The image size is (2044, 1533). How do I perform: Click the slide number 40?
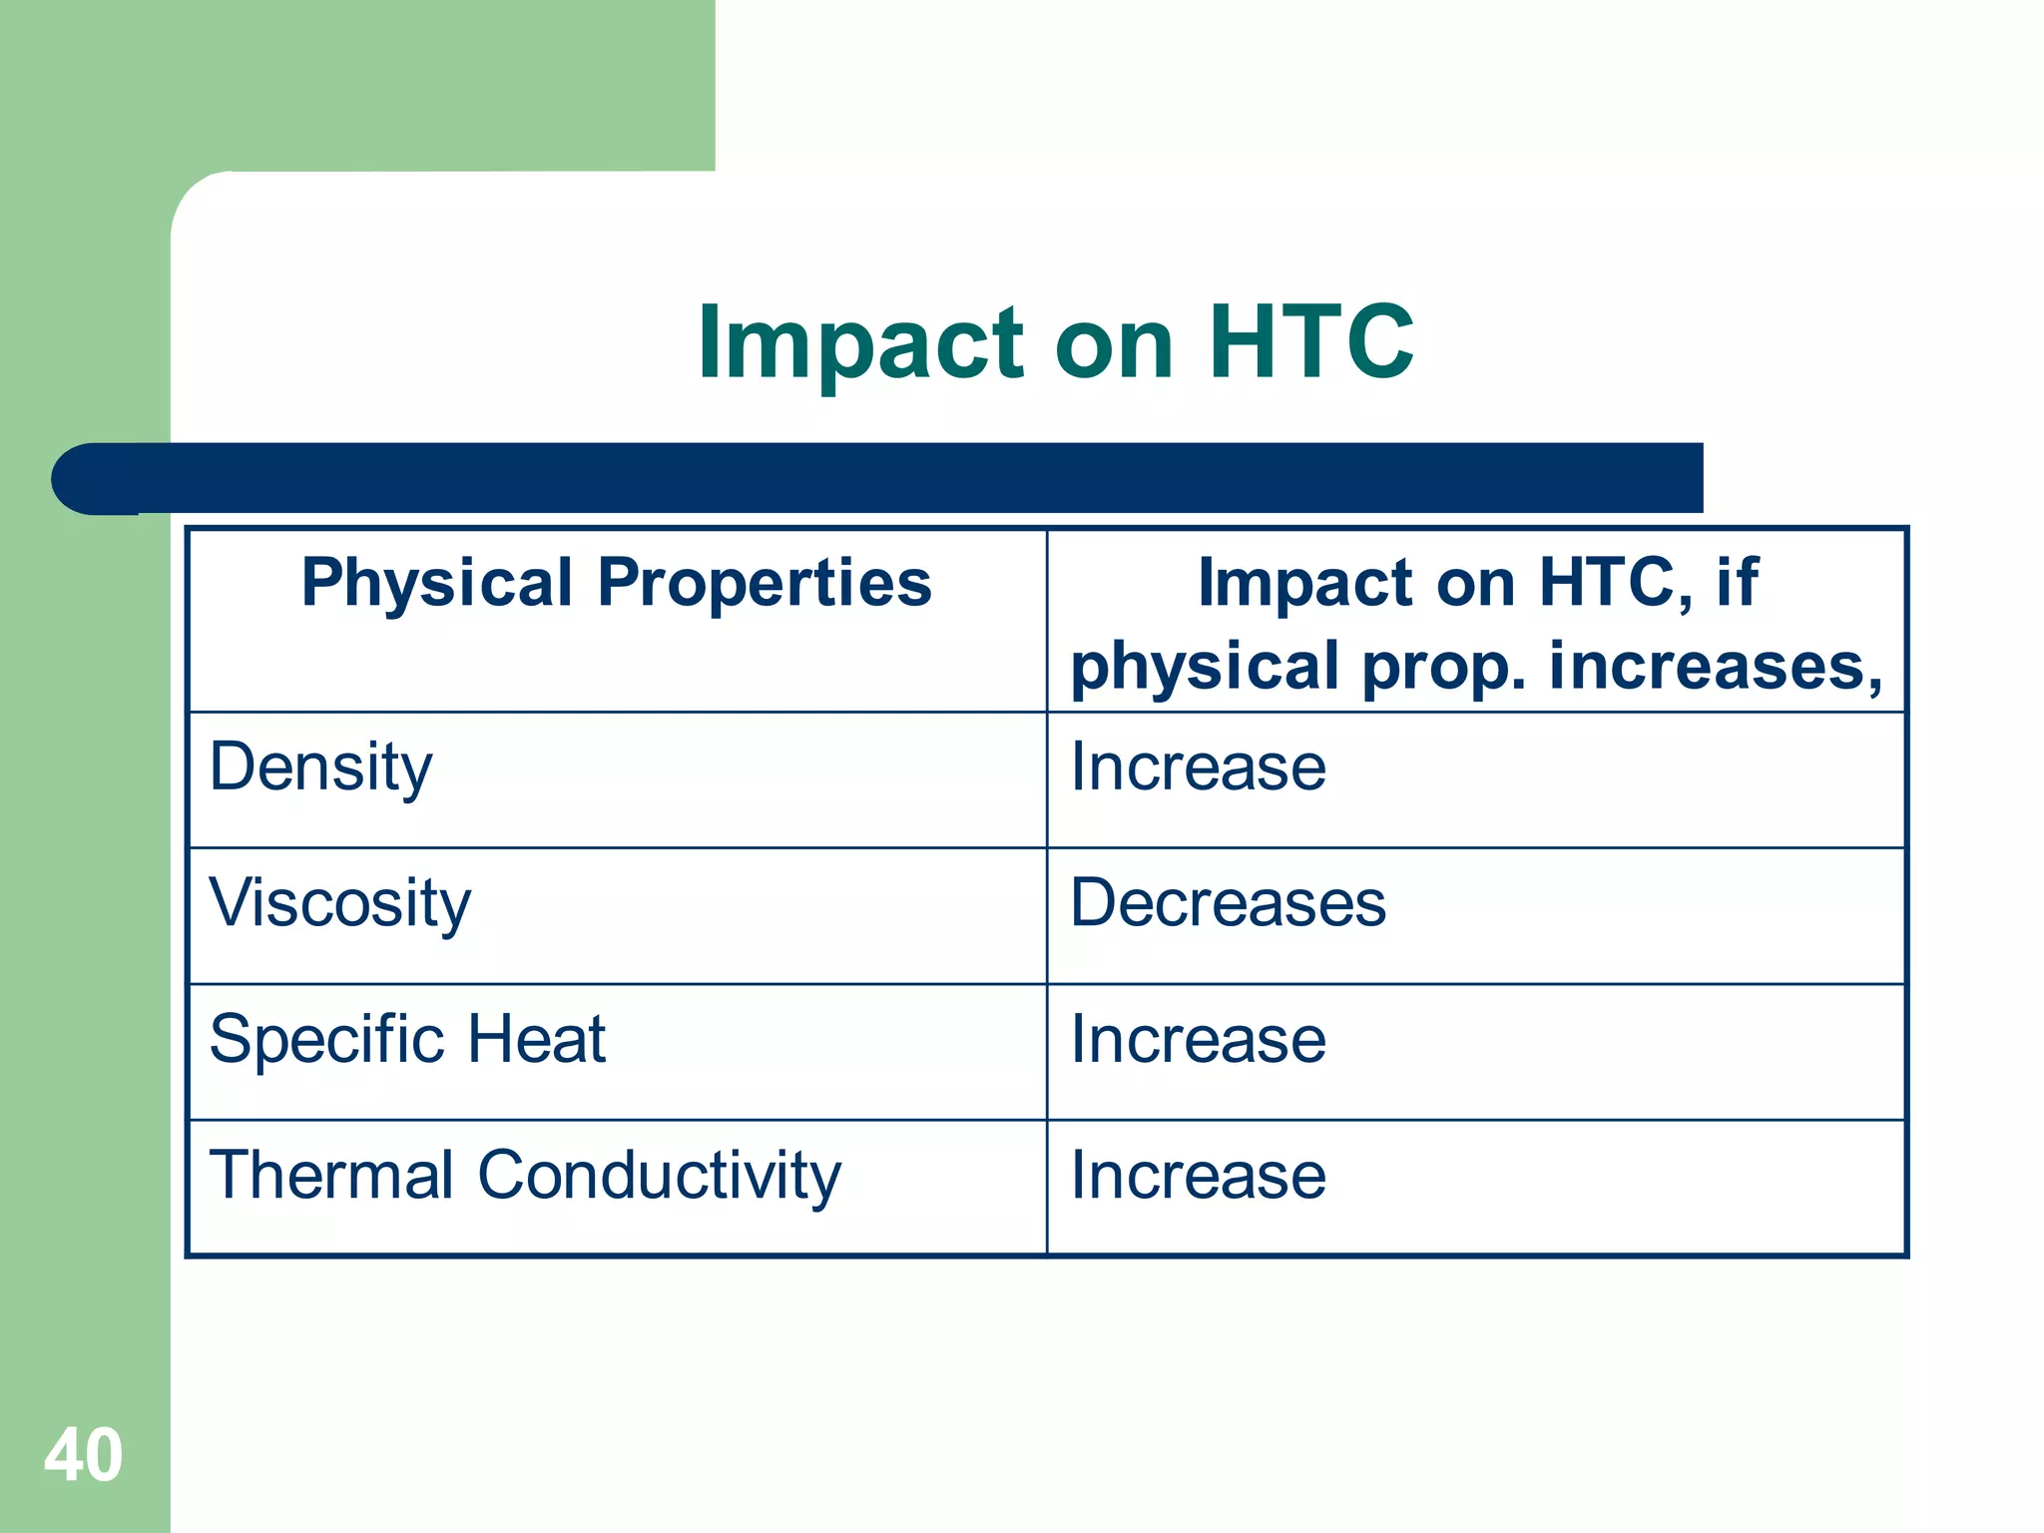click(x=83, y=1455)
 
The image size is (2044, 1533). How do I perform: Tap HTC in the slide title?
click(x=1310, y=342)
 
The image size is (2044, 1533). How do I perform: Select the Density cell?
click(x=320, y=768)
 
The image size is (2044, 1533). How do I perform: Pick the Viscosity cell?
click(x=339, y=903)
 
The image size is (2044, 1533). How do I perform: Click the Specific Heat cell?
click(x=407, y=1039)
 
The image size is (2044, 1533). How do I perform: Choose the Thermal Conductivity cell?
click(x=525, y=1176)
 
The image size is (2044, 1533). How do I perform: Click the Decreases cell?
click(x=1228, y=903)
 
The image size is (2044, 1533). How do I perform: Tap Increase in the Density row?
click(x=1198, y=767)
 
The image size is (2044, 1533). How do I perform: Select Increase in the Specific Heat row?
click(x=1198, y=1040)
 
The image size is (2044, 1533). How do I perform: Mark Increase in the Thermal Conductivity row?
click(x=1198, y=1176)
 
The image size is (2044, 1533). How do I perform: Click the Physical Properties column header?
click(x=617, y=583)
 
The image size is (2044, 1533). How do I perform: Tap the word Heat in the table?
click(x=536, y=1039)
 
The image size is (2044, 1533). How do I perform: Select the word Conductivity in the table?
click(x=659, y=1176)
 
